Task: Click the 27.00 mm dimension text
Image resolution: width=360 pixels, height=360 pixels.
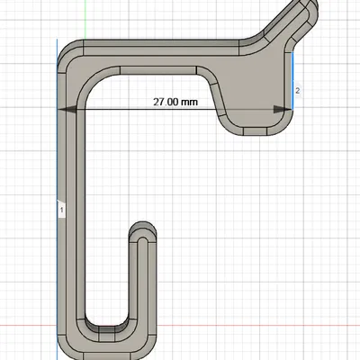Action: pyautogui.click(x=175, y=102)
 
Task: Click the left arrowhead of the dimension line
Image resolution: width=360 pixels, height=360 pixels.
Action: pyautogui.click(x=64, y=109)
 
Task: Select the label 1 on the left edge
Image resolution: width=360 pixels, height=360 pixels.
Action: pyautogui.click(x=61, y=209)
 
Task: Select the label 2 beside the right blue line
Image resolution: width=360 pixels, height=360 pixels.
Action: pyautogui.click(x=297, y=90)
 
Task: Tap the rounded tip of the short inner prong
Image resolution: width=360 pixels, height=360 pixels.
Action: pyautogui.click(x=141, y=227)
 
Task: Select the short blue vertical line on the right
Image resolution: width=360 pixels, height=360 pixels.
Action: pyautogui.click(x=294, y=76)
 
